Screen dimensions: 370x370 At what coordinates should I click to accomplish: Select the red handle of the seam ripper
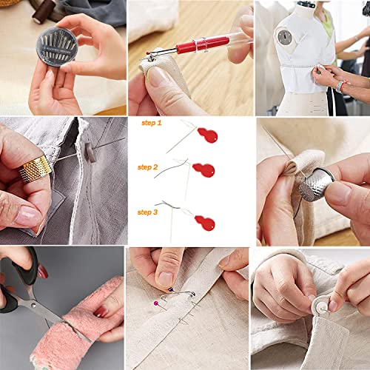[189, 47]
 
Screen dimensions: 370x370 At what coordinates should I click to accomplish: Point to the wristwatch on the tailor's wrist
[340, 86]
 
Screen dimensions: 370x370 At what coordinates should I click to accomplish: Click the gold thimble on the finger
[35, 169]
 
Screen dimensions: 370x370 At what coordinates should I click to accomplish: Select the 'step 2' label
[148, 168]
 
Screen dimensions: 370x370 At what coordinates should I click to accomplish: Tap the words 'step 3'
[148, 212]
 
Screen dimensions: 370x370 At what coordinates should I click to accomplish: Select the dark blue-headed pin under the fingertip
[171, 289]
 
